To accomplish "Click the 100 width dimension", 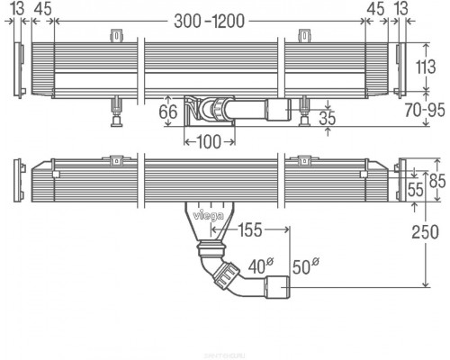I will click(x=209, y=140).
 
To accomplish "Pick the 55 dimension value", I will click(x=416, y=189).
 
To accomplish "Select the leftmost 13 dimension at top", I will click(x=18, y=8).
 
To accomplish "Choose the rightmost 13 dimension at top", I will click(x=400, y=8).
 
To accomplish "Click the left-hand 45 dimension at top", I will click(x=41, y=8).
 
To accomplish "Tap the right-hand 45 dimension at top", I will click(x=375, y=8).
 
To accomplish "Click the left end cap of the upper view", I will click(x=19, y=67).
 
